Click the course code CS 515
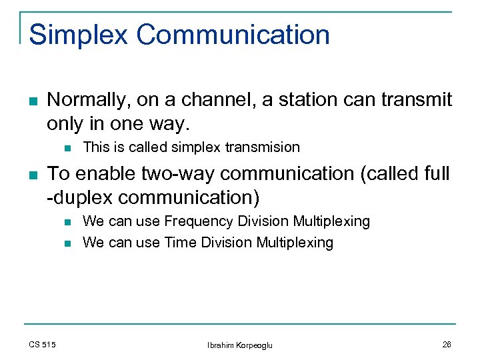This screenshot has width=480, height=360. (x=43, y=344)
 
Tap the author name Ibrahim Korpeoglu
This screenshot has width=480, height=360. (x=240, y=345)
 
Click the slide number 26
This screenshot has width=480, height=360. (x=446, y=344)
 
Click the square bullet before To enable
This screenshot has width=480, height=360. (x=33, y=175)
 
